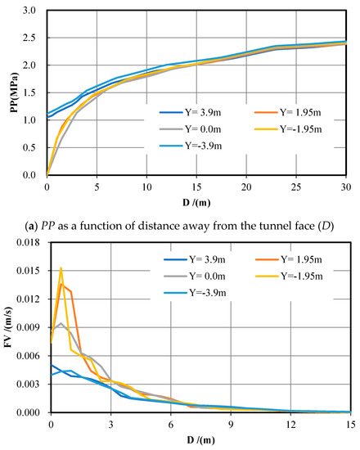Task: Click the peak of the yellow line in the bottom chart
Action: click(61, 268)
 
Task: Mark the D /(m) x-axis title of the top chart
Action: click(196, 200)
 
